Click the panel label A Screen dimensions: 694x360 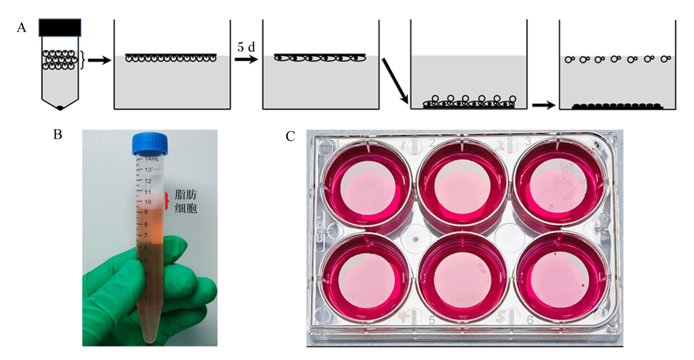(x=22, y=28)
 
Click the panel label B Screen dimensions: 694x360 (x=58, y=135)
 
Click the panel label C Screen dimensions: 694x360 (x=290, y=137)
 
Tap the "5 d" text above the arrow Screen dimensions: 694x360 (x=246, y=47)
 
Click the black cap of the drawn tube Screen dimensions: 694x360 (x=60, y=28)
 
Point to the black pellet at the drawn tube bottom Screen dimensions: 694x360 (x=60, y=108)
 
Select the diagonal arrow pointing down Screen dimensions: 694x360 (x=396, y=80)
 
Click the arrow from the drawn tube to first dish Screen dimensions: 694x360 (x=99, y=60)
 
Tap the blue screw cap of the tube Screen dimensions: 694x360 (x=150, y=144)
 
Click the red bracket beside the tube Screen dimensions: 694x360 (x=167, y=200)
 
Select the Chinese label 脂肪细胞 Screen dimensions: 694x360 (x=186, y=201)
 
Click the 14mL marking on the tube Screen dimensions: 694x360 (x=151, y=159)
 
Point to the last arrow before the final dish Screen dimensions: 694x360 (x=543, y=105)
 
